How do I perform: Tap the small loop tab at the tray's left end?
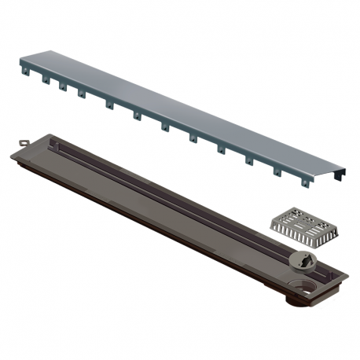click(21, 142)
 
